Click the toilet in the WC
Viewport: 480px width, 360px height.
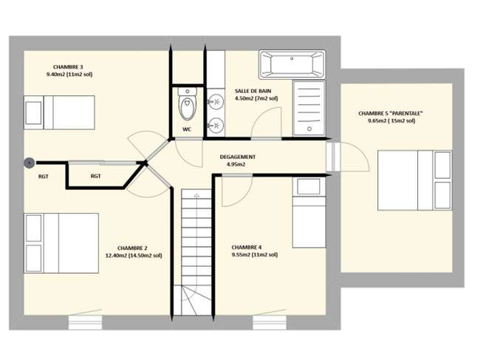coord(188,104)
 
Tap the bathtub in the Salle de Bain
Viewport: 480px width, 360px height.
coord(292,64)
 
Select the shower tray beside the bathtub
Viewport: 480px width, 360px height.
coord(309,108)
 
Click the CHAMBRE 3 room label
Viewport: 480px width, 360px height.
coord(68,67)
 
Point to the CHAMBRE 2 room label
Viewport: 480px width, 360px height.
coord(132,248)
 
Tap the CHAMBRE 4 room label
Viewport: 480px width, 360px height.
coord(247,247)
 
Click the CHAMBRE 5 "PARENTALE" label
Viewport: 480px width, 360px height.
coord(391,113)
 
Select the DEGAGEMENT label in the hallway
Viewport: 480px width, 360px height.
coord(238,157)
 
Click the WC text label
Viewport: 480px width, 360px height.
coord(187,129)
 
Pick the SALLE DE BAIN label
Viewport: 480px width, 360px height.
coord(253,91)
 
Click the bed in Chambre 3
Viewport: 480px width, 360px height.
coord(59,112)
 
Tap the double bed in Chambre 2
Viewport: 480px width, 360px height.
coord(61,243)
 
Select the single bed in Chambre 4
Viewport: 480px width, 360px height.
coord(309,212)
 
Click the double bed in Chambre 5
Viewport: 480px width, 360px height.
coord(415,180)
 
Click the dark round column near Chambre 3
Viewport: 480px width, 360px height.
coord(30,163)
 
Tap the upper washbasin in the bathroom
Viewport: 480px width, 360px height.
coord(216,101)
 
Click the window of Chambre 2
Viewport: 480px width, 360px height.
coord(85,322)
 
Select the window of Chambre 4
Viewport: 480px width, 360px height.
coord(270,322)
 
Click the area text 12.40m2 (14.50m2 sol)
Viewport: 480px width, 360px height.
coord(134,256)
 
